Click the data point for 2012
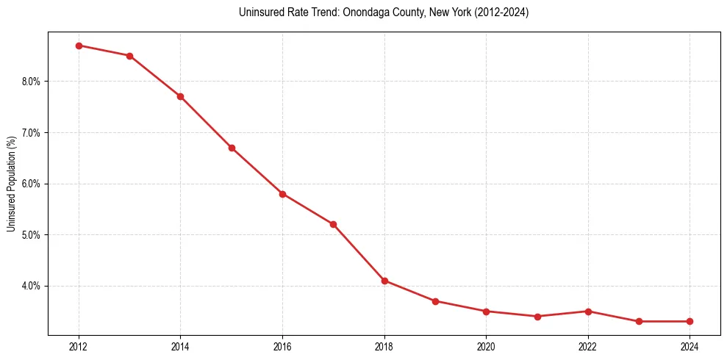coord(79,46)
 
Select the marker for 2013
coord(129,56)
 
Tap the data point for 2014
coord(180,96)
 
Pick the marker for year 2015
coord(232,148)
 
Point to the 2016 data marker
coord(282,194)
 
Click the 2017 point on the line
coord(333,224)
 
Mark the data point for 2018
coord(384,281)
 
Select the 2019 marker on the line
coord(435,301)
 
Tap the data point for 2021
coord(537,317)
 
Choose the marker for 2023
coord(639,321)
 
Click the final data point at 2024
coord(690,321)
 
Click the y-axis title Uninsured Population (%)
coord(11,184)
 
